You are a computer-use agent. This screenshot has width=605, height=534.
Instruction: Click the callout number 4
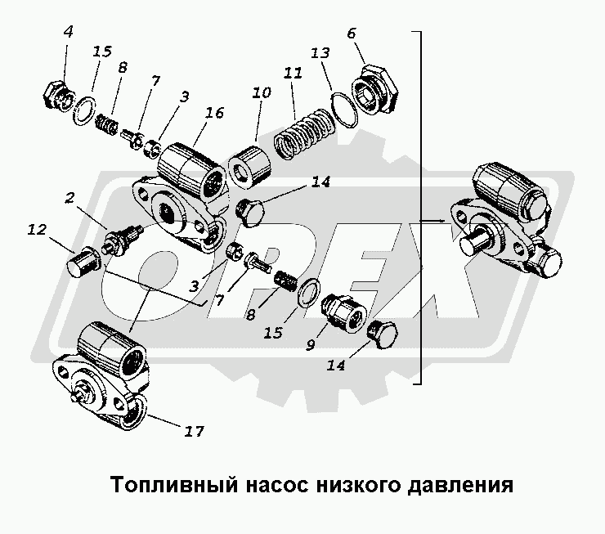69,33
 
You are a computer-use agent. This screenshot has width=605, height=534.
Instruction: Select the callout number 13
320,53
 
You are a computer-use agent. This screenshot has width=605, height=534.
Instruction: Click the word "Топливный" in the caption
155,485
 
